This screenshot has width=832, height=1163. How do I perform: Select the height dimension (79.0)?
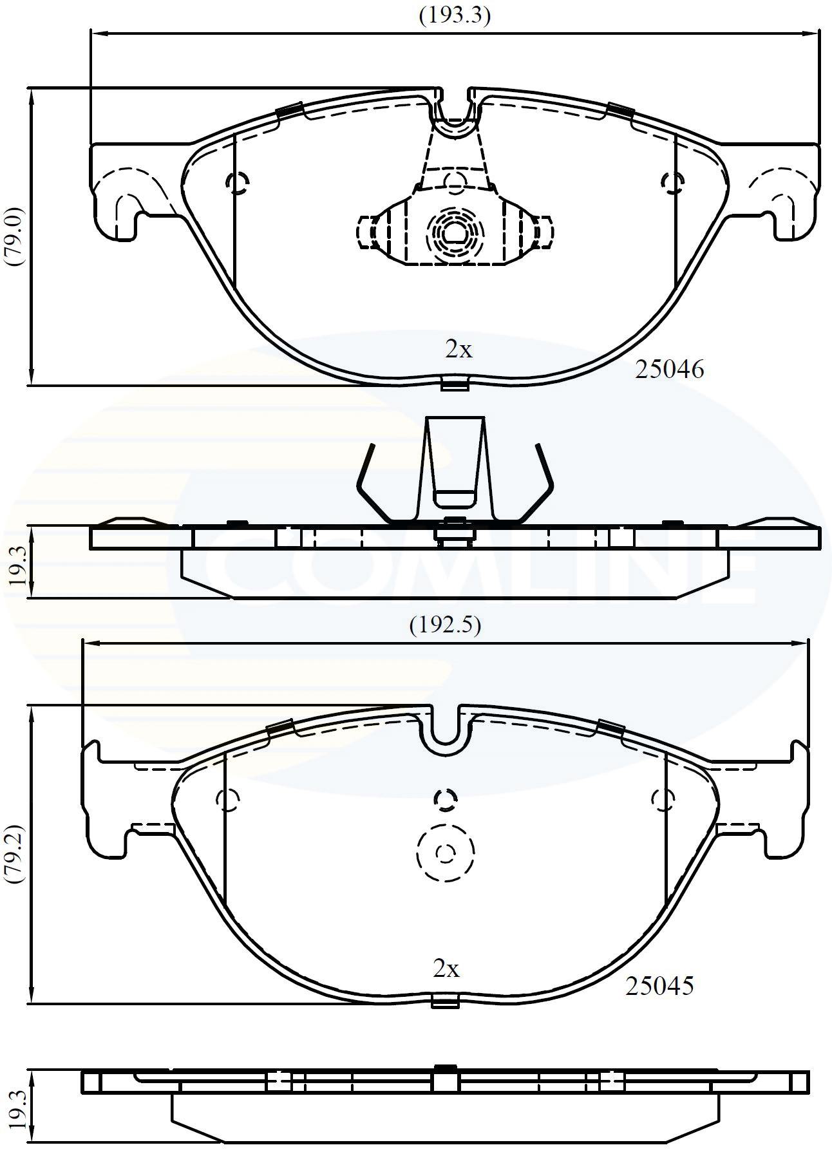coord(14,236)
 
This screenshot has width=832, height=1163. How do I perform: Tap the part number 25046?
coord(669,370)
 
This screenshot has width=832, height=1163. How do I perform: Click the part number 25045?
coord(659,986)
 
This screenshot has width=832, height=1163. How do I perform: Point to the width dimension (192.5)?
coord(445,625)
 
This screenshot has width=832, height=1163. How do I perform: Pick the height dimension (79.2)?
coord(14,854)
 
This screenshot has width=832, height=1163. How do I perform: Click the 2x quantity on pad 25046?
coord(459,350)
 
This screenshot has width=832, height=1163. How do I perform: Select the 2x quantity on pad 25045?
coord(446,969)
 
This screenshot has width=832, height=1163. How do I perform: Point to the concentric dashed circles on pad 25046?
coord(455,235)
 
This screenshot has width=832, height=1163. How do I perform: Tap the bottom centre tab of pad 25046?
coord(455,385)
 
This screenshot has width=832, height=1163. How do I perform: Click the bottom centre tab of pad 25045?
coord(444,1002)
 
